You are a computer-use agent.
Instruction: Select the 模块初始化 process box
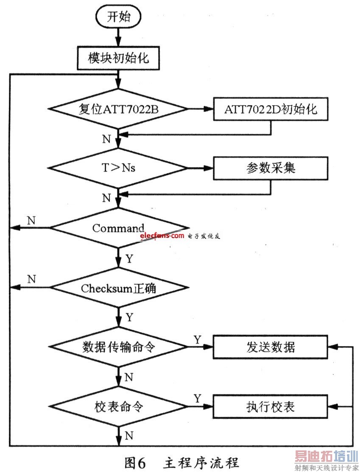click(118, 58)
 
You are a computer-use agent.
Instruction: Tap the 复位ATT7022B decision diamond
click(118, 109)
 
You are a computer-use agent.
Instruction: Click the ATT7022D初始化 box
click(271, 109)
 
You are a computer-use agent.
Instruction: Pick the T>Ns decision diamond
click(118, 168)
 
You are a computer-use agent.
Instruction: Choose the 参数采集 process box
click(271, 168)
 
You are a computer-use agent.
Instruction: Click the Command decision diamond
click(118, 228)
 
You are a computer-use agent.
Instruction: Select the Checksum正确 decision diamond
click(118, 288)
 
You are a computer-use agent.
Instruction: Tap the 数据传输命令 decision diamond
click(118, 347)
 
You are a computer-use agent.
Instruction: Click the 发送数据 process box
click(271, 347)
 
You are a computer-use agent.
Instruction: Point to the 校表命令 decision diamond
click(118, 407)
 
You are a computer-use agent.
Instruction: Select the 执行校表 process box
click(271, 407)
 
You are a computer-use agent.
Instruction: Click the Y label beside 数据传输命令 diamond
click(198, 339)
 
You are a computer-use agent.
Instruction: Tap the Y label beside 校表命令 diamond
click(198, 399)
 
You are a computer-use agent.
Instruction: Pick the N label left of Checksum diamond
click(31, 279)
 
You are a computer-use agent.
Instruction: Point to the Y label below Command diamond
click(129, 258)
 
